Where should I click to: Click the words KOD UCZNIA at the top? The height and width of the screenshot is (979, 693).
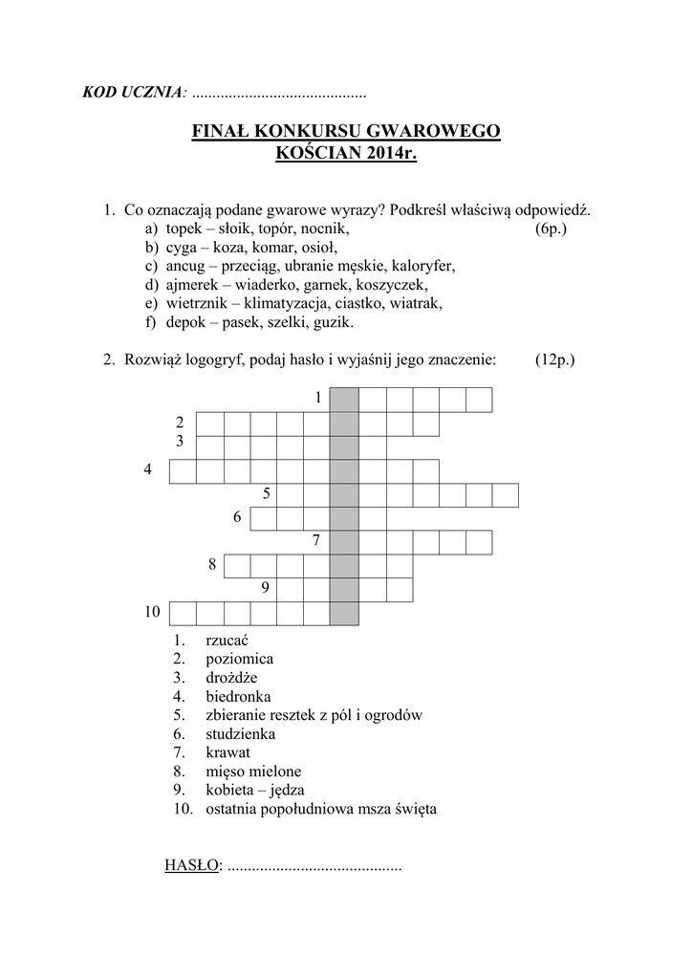pyautogui.click(x=133, y=93)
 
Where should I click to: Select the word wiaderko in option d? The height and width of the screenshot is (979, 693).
pyautogui.click(x=292, y=285)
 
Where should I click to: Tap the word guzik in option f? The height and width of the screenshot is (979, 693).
pyautogui.click(x=333, y=322)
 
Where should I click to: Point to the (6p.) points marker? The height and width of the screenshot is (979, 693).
pyautogui.click(x=552, y=229)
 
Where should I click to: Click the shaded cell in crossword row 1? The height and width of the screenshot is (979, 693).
pyautogui.click(x=344, y=399)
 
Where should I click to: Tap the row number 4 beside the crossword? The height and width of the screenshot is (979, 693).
pyautogui.click(x=148, y=469)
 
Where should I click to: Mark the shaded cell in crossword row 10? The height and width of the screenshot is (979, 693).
pyautogui.click(x=344, y=613)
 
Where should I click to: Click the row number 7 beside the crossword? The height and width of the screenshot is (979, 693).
pyautogui.click(x=315, y=541)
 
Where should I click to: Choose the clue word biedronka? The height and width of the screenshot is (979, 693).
pyautogui.click(x=238, y=696)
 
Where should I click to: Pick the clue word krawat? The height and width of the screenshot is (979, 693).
pyautogui.click(x=227, y=752)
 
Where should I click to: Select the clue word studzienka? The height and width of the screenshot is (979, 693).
pyautogui.click(x=240, y=733)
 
